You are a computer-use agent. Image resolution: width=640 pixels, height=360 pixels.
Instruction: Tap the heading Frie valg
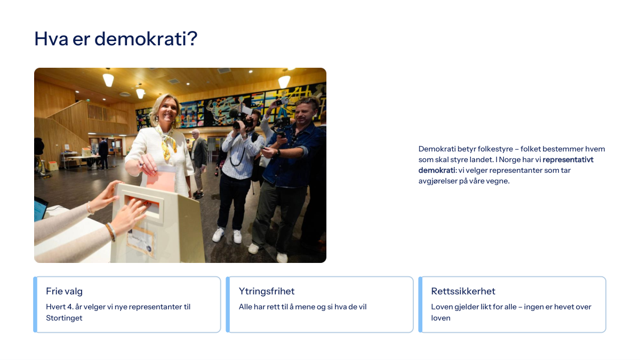[x=65, y=291]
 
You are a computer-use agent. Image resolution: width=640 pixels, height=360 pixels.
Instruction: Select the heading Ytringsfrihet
[x=267, y=291]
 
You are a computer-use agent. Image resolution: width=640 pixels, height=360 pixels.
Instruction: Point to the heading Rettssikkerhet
[x=463, y=291]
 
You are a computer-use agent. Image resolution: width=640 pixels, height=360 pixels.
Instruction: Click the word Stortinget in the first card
[x=64, y=318]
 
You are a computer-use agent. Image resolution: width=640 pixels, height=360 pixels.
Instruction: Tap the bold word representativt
[x=568, y=159]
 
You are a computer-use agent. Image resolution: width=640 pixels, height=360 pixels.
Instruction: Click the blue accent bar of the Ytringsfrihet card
[x=228, y=305]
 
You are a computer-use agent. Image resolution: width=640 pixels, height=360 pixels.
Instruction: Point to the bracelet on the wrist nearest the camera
[x=111, y=231]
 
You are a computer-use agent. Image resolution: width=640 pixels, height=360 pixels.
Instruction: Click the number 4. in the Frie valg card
[x=70, y=307]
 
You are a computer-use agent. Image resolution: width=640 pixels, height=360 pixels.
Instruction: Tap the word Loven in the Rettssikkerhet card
[x=442, y=307]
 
